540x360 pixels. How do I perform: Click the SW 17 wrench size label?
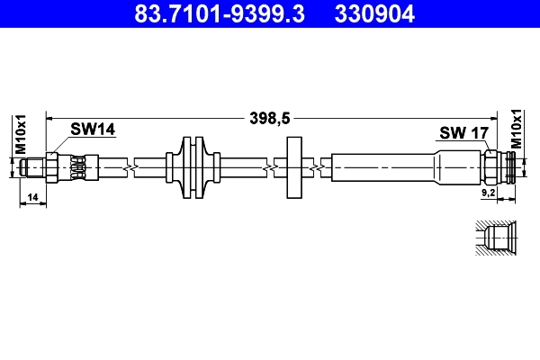[463, 133]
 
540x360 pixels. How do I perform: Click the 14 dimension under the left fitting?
[32, 196]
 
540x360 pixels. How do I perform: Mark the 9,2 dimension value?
[488, 192]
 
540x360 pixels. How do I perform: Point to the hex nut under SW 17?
[491, 167]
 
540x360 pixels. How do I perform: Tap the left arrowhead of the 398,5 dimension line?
[51, 117]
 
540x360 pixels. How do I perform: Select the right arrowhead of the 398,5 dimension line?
[492, 117]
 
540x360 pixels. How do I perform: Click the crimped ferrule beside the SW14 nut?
[79, 167]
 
